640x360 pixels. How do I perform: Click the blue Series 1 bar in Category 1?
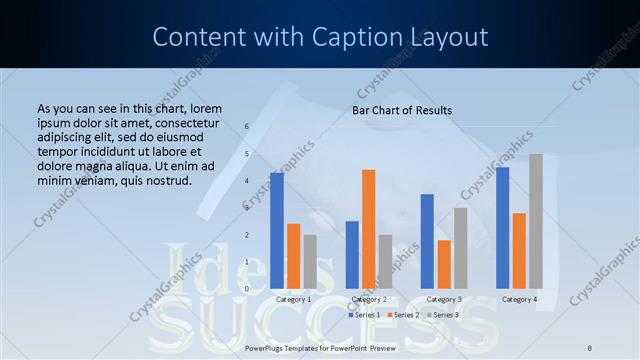click(x=277, y=230)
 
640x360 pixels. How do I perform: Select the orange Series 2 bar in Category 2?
click(x=368, y=229)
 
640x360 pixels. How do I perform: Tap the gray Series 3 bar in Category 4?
click(x=536, y=221)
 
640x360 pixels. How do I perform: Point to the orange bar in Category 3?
click(x=443, y=264)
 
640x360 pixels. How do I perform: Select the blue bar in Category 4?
click(x=502, y=227)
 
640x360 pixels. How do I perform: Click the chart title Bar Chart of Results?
click(x=402, y=110)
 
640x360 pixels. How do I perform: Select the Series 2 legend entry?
click(x=405, y=315)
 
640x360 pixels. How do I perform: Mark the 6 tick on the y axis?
click(x=247, y=127)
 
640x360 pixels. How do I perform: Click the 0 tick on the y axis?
click(x=247, y=288)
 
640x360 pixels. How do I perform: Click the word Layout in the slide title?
click(x=443, y=37)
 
